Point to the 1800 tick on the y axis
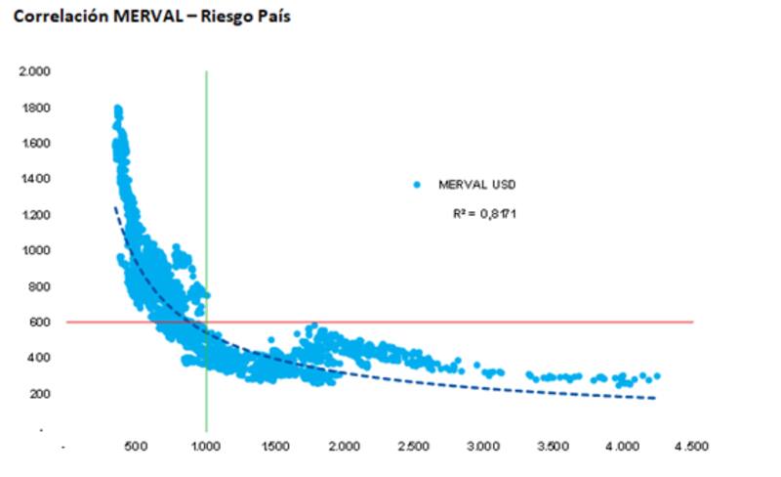click(x=38, y=108)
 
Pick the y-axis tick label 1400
click(x=38, y=179)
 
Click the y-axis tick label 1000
click(x=38, y=250)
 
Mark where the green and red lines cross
click(x=206, y=322)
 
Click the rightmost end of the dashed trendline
click(x=655, y=398)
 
